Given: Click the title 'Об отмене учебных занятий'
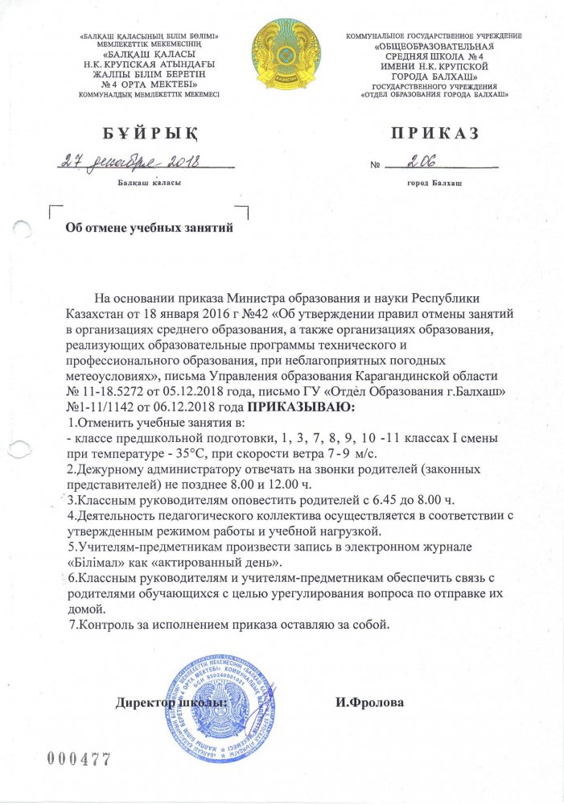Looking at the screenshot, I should (148, 228).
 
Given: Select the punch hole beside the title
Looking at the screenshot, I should (23, 229).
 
